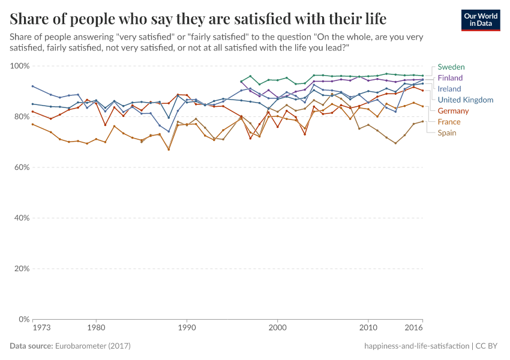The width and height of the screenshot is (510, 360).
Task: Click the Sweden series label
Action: (451, 67)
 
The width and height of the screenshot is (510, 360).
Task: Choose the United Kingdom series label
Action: (466, 100)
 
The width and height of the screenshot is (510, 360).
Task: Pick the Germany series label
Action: (454, 111)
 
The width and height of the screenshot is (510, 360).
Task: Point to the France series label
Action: (449, 122)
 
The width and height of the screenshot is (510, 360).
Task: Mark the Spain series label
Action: (448, 133)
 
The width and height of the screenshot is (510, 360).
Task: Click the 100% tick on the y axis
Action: (19, 65)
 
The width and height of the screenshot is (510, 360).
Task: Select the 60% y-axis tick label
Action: (21, 167)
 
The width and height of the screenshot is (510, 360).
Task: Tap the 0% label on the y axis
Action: (23, 319)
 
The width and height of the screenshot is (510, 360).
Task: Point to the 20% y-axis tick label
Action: (21, 268)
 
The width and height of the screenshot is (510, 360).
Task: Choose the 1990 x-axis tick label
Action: (187, 328)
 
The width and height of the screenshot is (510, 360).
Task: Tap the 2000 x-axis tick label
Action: (277, 328)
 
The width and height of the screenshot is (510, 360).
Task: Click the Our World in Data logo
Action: (480, 20)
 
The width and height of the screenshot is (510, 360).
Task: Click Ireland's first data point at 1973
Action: (32, 86)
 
